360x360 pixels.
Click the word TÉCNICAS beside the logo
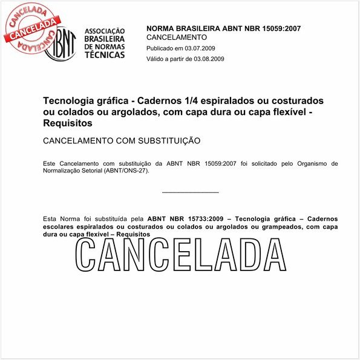(x=105, y=54)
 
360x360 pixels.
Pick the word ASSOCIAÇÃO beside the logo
(x=105, y=31)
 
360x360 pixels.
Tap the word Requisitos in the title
(x=67, y=123)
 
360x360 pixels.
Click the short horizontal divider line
(x=191, y=192)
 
